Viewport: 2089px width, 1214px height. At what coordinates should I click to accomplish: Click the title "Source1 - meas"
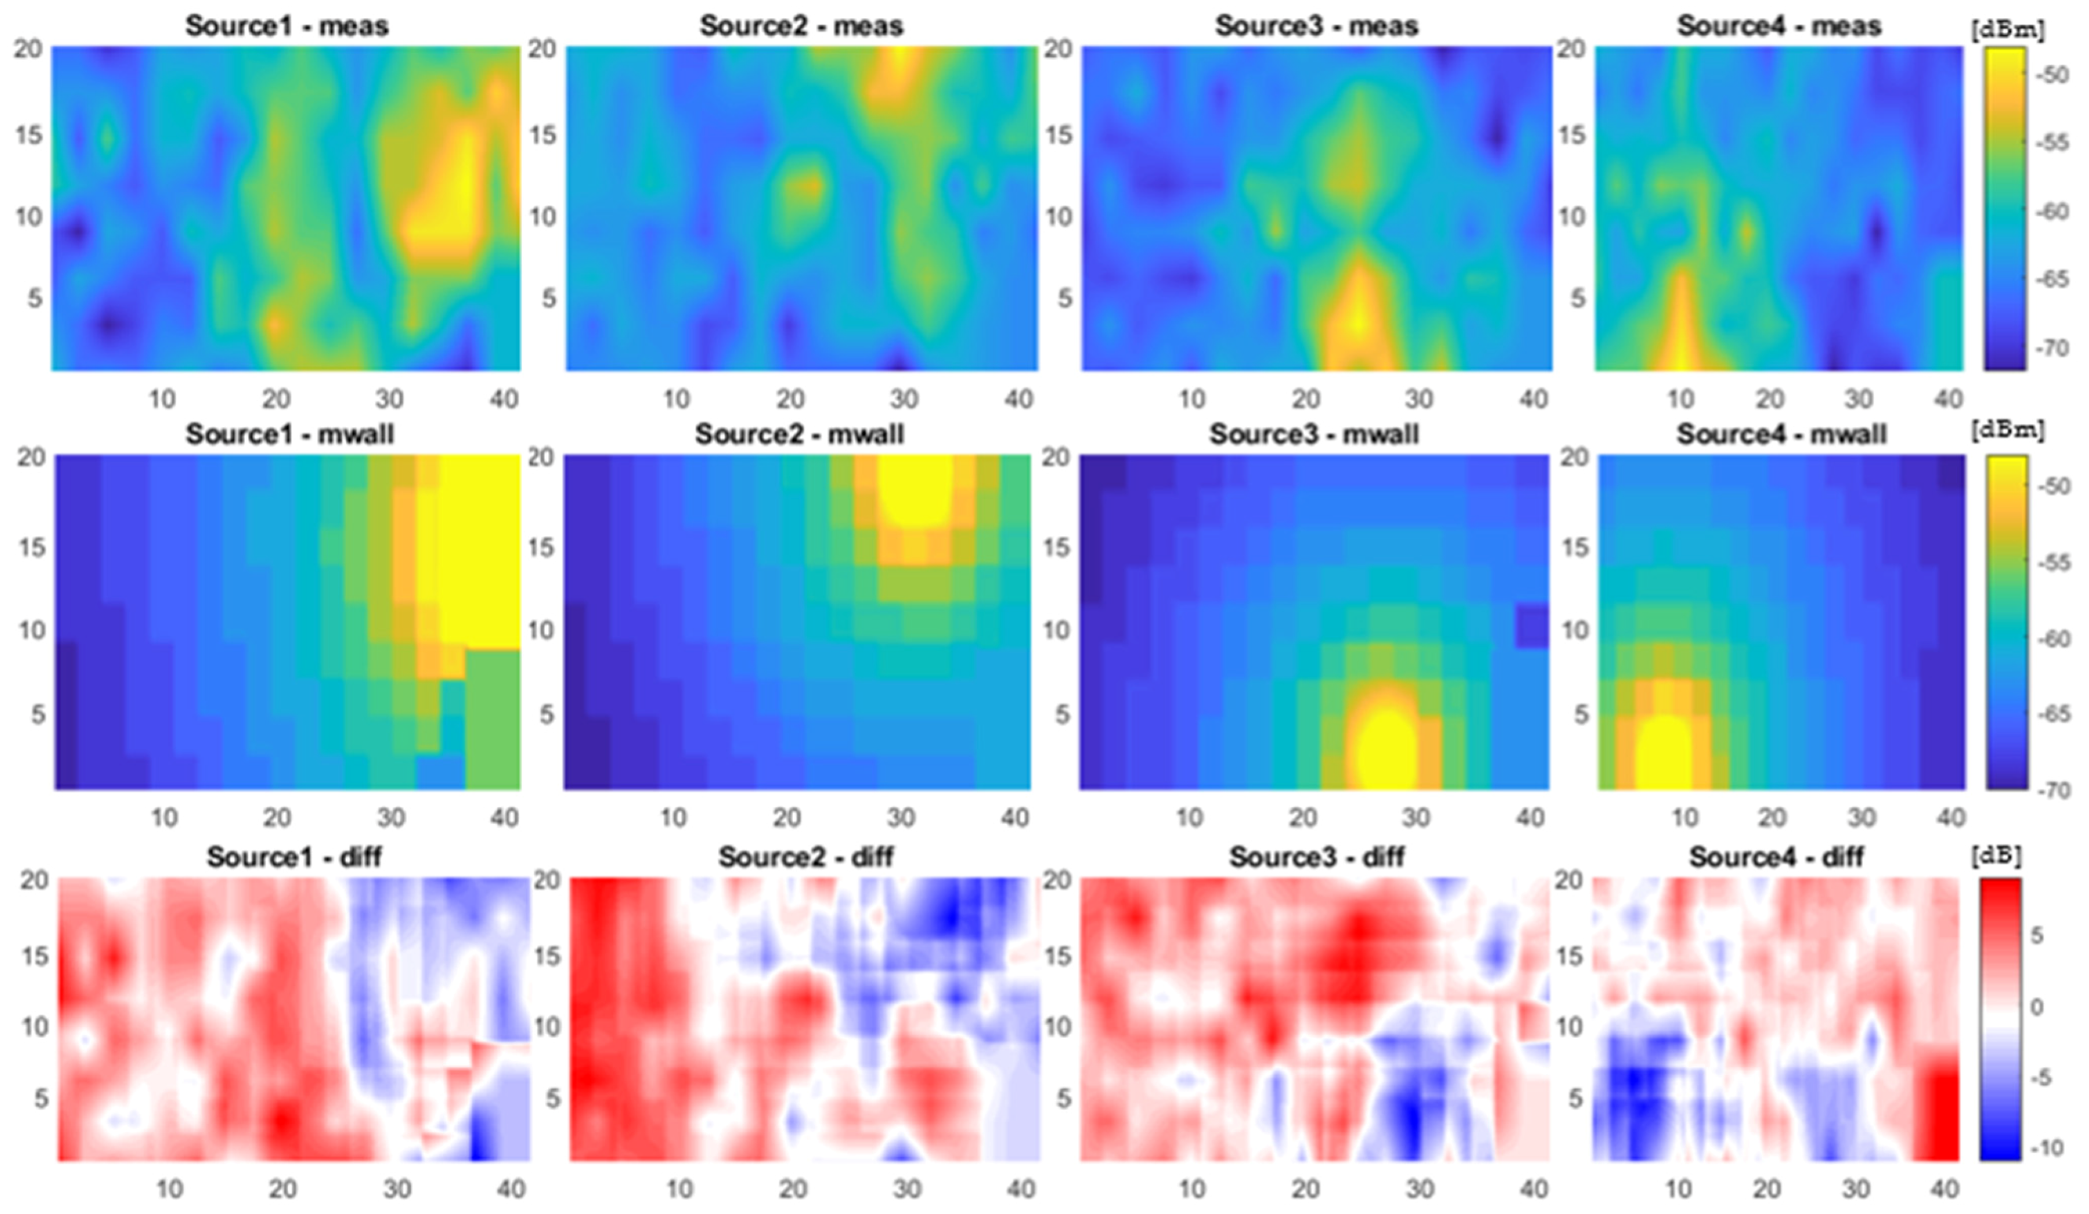pyautogui.click(x=286, y=26)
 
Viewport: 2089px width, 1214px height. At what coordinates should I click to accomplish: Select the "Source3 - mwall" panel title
pyautogui.click(x=1314, y=434)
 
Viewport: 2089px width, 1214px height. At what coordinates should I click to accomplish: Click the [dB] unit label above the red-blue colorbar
pyautogui.click(x=1996, y=856)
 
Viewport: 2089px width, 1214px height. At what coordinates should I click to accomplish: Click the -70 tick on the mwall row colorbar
pyautogui.click(x=2053, y=789)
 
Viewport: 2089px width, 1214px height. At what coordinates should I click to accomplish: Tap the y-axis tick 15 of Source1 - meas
pyautogui.click(x=29, y=134)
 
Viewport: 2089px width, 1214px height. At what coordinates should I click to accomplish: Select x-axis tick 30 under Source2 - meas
pyautogui.click(x=904, y=399)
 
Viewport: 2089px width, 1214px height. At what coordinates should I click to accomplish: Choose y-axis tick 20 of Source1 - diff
pyautogui.click(x=34, y=879)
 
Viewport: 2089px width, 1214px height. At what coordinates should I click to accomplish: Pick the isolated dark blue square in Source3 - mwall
pyautogui.click(x=1532, y=627)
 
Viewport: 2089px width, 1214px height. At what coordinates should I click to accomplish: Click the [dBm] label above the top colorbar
pyautogui.click(x=2006, y=31)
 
